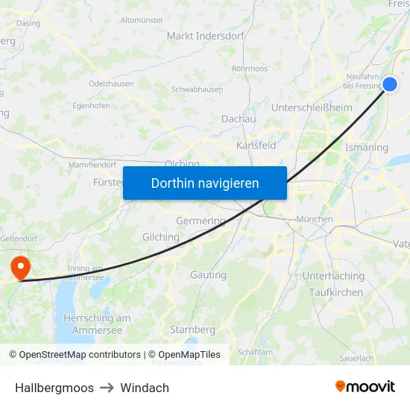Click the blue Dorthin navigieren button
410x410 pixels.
(x=205, y=183)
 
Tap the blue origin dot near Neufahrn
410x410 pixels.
(x=389, y=84)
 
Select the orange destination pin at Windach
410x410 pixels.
(x=19, y=268)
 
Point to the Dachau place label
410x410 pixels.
(x=239, y=119)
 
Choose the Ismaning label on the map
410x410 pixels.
(x=367, y=148)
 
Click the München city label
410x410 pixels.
(x=314, y=219)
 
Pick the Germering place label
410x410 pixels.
(x=201, y=221)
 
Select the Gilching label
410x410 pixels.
(x=160, y=237)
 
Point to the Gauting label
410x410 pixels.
(x=208, y=274)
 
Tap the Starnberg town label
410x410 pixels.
(x=192, y=329)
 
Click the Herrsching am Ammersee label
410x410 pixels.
(x=98, y=324)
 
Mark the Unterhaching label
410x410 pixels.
(x=333, y=276)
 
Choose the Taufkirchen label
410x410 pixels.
(x=336, y=292)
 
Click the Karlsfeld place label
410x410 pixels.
(x=256, y=145)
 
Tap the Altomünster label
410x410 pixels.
(x=142, y=20)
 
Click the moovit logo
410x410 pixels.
(x=365, y=387)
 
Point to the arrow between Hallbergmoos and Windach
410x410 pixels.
(x=104, y=388)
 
